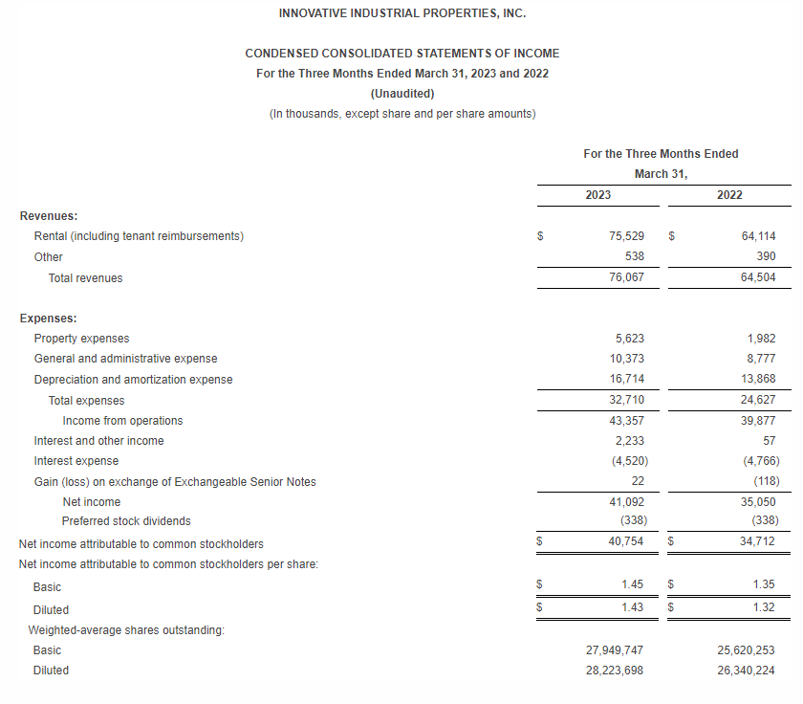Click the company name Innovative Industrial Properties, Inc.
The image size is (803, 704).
tap(401, 13)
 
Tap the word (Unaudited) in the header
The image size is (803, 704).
tap(401, 94)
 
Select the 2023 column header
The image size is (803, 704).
tap(598, 195)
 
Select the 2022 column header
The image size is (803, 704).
tap(729, 195)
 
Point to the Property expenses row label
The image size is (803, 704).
tap(81, 339)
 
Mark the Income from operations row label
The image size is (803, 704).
tap(122, 421)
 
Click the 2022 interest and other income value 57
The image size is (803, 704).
tap(770, 441)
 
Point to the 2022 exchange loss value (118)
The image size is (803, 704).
tap(764, 481)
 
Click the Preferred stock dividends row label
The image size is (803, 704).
tap(126, 521)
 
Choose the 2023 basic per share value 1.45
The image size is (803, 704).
tap(632, 584)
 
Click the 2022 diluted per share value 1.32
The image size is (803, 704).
tap(763, 607)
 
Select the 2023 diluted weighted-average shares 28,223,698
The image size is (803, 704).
tap(615, 671)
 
